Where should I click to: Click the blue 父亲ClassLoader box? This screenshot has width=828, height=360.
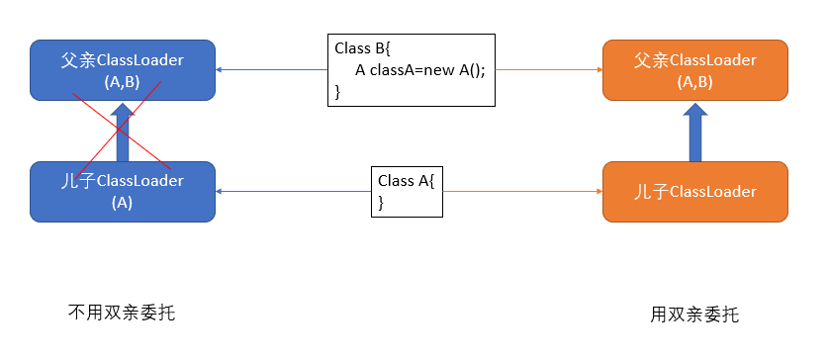click(x=123, y=70)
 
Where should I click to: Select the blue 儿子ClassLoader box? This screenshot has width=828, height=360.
click(x=123, y=192)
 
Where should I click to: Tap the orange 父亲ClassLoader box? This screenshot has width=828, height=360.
click(x=694, y=70)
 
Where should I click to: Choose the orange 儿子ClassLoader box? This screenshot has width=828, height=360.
click(x=694, y=192)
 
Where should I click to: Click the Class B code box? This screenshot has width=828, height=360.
click(x=412, y=70)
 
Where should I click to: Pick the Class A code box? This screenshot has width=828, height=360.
click(x=407, y=192)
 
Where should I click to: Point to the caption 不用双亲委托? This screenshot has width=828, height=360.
click(x=122, y=313)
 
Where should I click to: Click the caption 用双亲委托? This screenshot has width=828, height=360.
click(x=694, y=315)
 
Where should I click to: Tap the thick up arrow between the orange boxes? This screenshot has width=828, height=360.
click(x=694, y=132)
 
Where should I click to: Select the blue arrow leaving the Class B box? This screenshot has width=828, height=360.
click(x=271, y=69)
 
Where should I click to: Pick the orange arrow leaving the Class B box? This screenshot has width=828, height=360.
click(x=549, y=69)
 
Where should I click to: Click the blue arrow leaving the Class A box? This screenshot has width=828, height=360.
click(x=293, y=191)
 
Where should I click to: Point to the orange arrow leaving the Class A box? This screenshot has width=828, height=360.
click(x=522, y=191)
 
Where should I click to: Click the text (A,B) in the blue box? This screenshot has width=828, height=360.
click(x=123, y=82)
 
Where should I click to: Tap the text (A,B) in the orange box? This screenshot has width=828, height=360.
click(x=694, y=82)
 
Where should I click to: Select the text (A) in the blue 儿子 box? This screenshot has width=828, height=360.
click(x=122, y=203)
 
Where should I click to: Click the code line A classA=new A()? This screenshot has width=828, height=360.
click(x=419, y=70)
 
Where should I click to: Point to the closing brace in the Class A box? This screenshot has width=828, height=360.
click(x=381, y=203)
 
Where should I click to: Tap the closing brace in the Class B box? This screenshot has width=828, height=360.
click(x=338, y=92)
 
